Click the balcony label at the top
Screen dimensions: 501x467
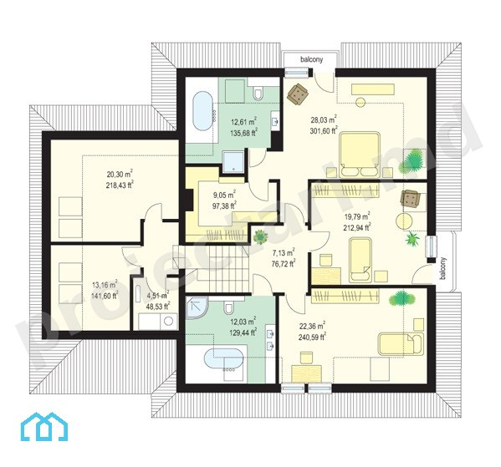click(x=311, y=59)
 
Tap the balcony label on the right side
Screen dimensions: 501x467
click(x=442, y=269)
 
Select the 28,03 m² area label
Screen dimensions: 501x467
click(x=324, y=119)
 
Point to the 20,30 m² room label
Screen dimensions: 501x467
click(x=120, y=174)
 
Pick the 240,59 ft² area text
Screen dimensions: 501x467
click(x=312, y=337)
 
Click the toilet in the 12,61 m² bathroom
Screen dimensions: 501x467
click(x=258, y=92)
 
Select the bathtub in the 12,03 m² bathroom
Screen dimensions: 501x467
click(x=224, y=359)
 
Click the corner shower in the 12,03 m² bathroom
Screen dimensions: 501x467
click(x=196, y=307)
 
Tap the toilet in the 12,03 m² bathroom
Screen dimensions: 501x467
click(x=229, y=307)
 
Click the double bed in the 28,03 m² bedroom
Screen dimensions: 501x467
click(x=360, y=155)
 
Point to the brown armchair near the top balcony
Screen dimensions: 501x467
click(x=298, y=94)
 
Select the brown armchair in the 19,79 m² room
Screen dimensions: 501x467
click(x=411, y=199)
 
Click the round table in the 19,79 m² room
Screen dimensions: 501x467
click(x=404, y=221)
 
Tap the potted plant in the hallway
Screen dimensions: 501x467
click(x=260, y=237)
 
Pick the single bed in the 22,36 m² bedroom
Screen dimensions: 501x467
click(x=401, y=344)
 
